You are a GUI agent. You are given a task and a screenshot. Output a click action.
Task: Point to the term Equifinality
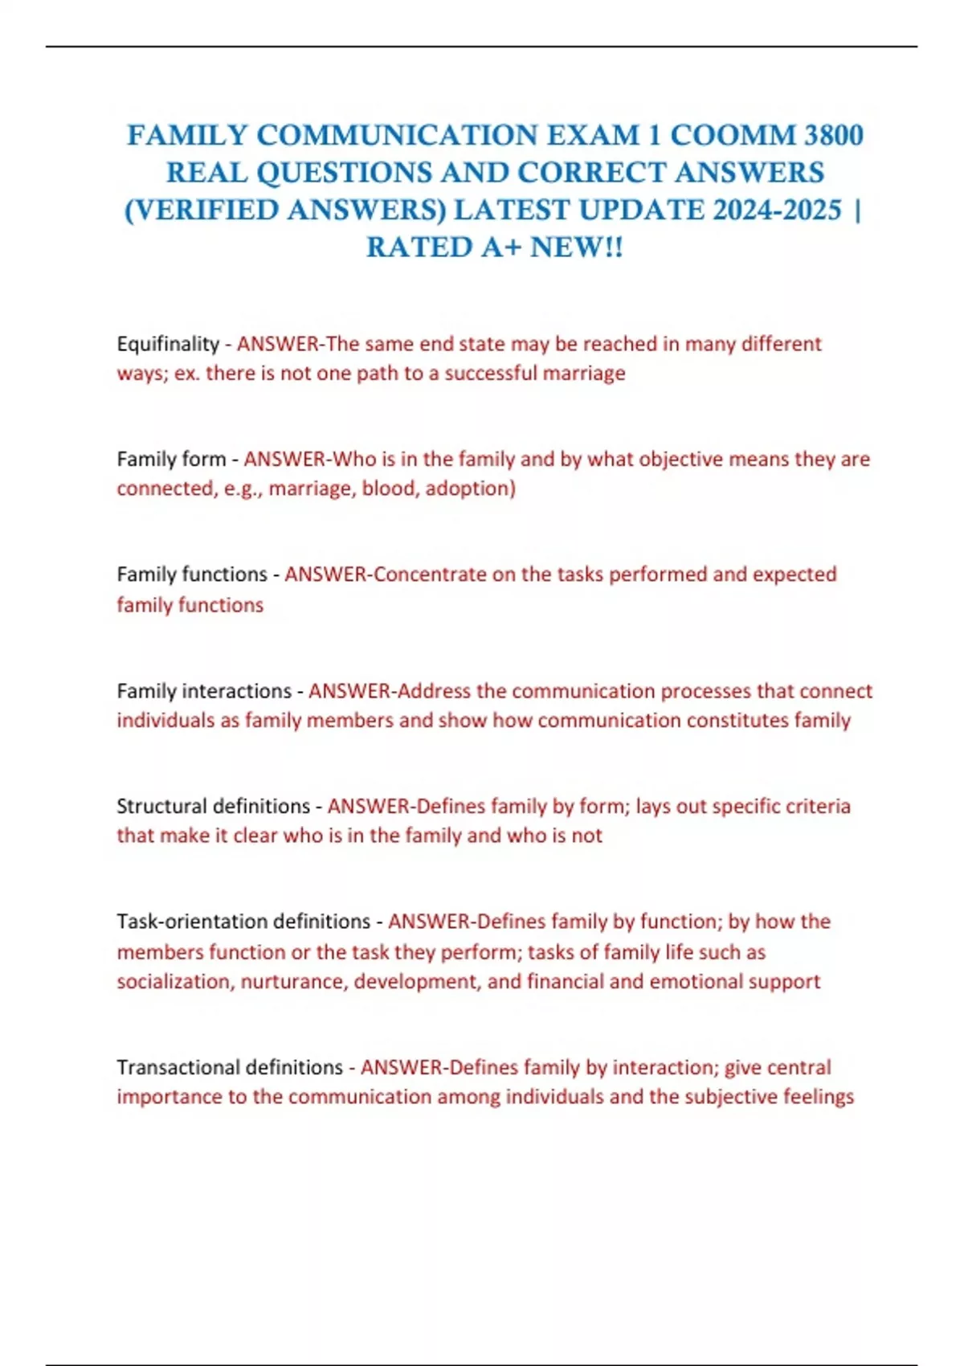pyautogui.click(x=168, y=344)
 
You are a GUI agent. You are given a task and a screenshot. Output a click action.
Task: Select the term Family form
pyautogui.click(x=171, y=459)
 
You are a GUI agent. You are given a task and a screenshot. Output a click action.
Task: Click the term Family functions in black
pyautogui.click(x=192, y=575)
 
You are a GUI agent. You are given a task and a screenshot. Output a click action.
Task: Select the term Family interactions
pyautogui.click(x=204, y=691)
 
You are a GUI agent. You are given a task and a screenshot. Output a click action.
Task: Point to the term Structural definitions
pyautogui.click(x=213, y=806)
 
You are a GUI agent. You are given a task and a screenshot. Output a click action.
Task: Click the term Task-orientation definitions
pyautogui.click(x=243, y=921)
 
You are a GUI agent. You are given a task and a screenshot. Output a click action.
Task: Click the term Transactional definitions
pyautogui.click(x=230, y=1067)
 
